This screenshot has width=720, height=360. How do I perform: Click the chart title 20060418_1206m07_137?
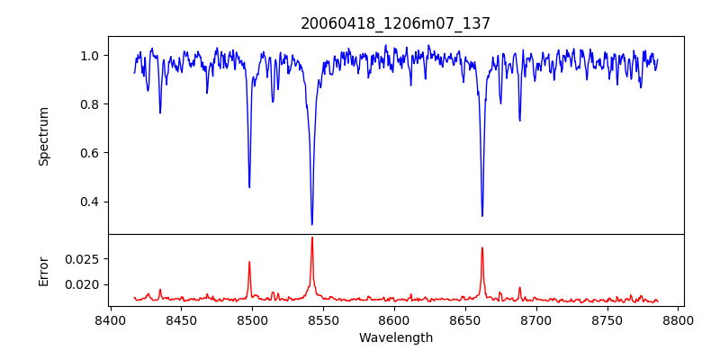pyautogui.click(x=396, y=23)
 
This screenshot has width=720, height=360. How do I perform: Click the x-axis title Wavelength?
pyautogui.click(x=396, y=338)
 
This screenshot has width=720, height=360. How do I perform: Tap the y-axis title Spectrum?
pyautogui.click(x=44, y=136)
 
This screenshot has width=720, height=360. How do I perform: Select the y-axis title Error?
pyautogui.click(x=44, y=270)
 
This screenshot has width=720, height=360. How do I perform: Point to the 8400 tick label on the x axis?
pyautogui.click(x=110, y=319)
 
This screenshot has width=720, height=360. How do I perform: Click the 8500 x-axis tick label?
pyautogui.click(x=252, y=319)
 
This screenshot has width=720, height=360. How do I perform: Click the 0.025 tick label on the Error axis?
pyautogui.click(x=83, y=259)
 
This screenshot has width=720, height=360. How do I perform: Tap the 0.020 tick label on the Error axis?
pyautogui.click(x=83, y=284)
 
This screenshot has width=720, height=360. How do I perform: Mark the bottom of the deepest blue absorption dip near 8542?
pyautogui.click(x=312, y=224)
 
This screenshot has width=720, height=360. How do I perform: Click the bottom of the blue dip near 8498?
pyautogui.click(x=249, y=187)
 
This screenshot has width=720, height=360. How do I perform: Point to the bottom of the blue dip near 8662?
pyautogui.click(x=482, y=216)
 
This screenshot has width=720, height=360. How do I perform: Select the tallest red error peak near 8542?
pyautogui.click(x=312, y=238)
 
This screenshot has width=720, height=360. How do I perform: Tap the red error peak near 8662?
pyautogui.click(x=482, y=247)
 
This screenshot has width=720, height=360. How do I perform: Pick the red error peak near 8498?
pyautogui.click(x=249, y=262)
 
